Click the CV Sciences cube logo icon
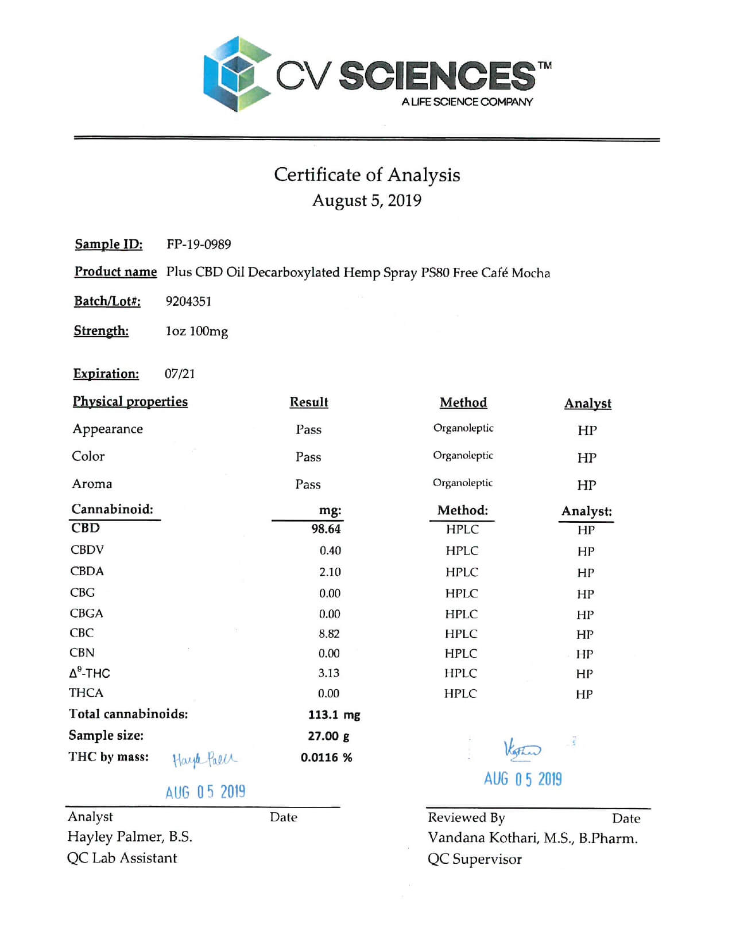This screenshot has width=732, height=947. (237, 74)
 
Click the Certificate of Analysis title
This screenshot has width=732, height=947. (367, 174)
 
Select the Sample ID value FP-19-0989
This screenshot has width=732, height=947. (199, 244)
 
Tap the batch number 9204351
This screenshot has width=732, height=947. (188, 301)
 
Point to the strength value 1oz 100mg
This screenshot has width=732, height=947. (196, 332)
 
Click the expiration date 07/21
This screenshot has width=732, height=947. (180, 374)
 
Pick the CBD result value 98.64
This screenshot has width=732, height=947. (326, 529)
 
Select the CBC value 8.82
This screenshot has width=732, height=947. (329, 634)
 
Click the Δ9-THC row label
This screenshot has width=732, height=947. (90, 673)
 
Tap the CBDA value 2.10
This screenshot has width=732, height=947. (330, 572)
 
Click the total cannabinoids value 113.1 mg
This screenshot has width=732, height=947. (334, 715)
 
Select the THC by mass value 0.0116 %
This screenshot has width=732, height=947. (326, 758)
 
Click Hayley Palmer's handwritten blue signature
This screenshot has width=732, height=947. (204, 760)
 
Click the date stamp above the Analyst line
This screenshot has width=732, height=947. (205, 793)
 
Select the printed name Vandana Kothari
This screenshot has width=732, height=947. (482, 839)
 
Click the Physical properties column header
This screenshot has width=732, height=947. (130, 402)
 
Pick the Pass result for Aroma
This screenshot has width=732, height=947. (308, 485)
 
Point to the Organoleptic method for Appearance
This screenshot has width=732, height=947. (463, 428)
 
